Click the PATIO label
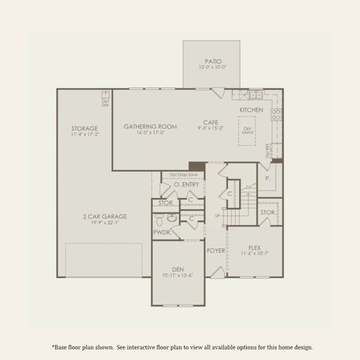[213, 60]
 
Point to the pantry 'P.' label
[268, 178]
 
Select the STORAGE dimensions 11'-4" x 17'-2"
[85, 135]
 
